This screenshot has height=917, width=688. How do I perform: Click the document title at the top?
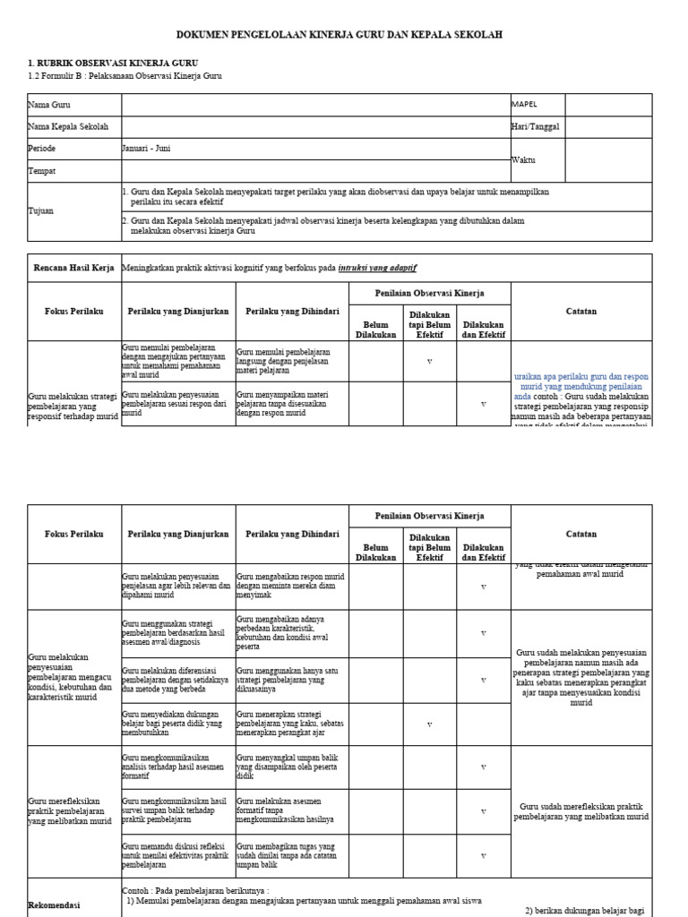[344, 35]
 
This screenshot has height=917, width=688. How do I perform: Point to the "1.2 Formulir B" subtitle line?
[125, 76]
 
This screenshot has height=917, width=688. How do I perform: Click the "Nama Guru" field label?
[49, 105]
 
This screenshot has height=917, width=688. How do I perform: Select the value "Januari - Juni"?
[146, 149]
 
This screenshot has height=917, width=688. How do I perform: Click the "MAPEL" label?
[525, 105]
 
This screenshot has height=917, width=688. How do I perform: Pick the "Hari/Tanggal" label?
[535, 127]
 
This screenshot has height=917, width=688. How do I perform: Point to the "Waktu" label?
[523, 159]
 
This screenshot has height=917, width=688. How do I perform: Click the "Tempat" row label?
[42, 170]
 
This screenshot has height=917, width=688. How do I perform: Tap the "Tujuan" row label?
[42, 210]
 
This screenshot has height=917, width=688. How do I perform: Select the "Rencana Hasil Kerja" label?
[74, 268]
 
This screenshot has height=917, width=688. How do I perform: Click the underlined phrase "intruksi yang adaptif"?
[377, 268]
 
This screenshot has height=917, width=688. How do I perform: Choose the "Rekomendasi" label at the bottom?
[57, 904]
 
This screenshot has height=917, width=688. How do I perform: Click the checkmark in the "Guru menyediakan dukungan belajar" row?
[429, 724]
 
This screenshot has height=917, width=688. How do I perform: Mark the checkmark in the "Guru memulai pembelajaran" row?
[429, 361]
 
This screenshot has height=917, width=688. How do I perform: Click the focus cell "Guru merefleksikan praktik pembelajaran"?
[72, 810]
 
